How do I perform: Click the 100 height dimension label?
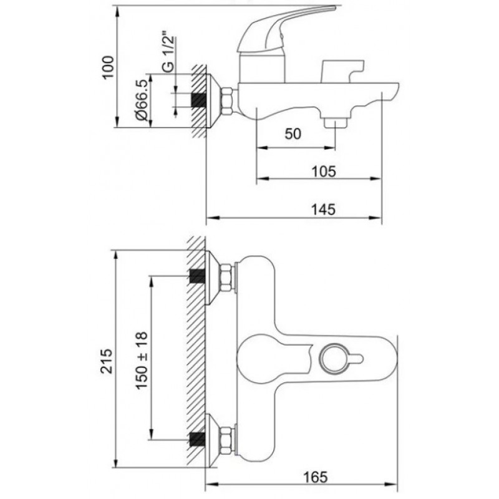coord(108,67)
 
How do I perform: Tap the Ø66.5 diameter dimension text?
coord(142,101)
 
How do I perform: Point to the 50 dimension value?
coord(293,134)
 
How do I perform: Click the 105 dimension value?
coord(323,172)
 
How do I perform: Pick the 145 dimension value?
coord(323,210)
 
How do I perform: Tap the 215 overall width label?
coord(107,361)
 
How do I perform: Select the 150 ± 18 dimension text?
coord(142,360)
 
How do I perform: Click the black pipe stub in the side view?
coord(198,100)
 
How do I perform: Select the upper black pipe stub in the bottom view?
coord(197,276)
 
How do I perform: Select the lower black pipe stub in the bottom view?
coord(197,440)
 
